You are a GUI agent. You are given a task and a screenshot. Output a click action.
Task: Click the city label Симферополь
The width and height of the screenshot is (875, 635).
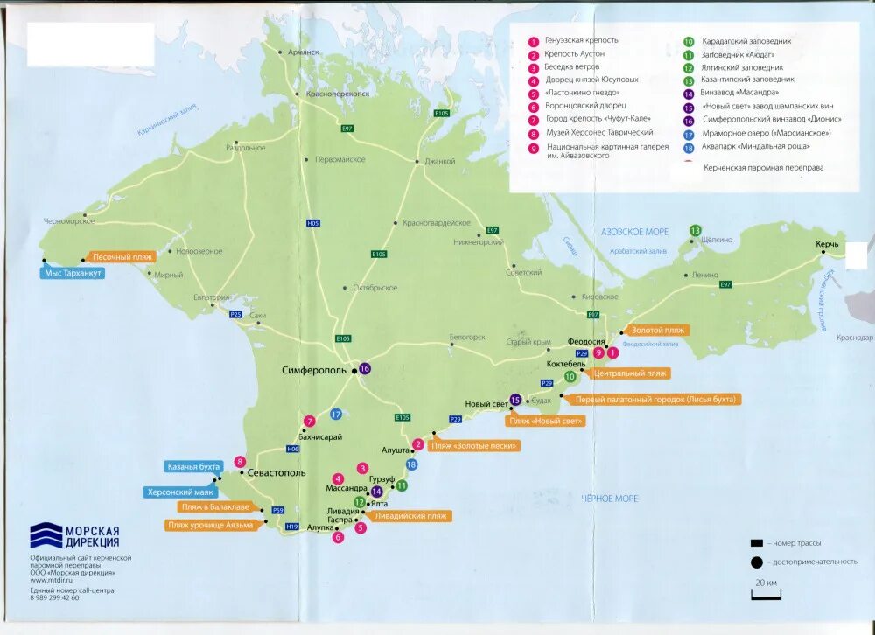[316, 370]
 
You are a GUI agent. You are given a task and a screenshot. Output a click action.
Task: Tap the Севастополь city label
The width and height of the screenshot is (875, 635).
[276, 472]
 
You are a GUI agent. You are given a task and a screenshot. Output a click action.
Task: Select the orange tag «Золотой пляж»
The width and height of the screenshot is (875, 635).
[659, 331]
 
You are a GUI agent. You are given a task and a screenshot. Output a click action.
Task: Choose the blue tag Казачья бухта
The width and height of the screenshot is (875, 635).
[193, 467]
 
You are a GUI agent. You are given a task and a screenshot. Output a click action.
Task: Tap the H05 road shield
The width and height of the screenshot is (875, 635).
[313, 224]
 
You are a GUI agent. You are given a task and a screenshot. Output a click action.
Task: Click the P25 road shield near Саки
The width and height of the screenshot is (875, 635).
[234, 314]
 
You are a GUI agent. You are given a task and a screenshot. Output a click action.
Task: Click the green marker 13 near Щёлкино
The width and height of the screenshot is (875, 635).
[695, 230]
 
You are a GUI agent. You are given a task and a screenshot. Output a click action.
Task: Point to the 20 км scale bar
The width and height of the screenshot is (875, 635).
[766, 596]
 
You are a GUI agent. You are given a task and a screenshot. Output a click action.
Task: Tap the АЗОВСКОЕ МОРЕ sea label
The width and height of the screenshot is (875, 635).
[634, 232]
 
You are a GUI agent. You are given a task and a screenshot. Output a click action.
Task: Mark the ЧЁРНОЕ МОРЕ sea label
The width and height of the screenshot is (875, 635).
[609, 499]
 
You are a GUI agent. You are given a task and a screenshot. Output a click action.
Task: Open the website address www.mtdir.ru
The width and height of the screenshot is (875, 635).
[51, 581]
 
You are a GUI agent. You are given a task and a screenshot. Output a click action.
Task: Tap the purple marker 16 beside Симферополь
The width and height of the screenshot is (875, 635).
[365, 369]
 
